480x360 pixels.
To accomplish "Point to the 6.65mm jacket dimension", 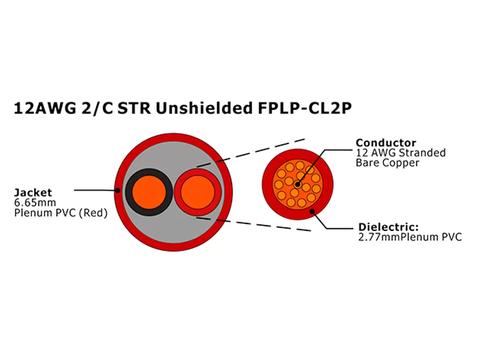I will pos(31,203).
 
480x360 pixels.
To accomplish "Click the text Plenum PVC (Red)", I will pos(61,213).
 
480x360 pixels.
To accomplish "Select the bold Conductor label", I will pos(386,142).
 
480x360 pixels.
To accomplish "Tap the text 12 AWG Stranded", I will pos(400,153).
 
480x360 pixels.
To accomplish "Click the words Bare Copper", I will pos(387,163).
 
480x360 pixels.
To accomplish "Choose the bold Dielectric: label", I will pos(389,226).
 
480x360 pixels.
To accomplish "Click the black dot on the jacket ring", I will pos(117,191).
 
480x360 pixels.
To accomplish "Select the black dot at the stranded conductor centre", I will pos(298,183).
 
